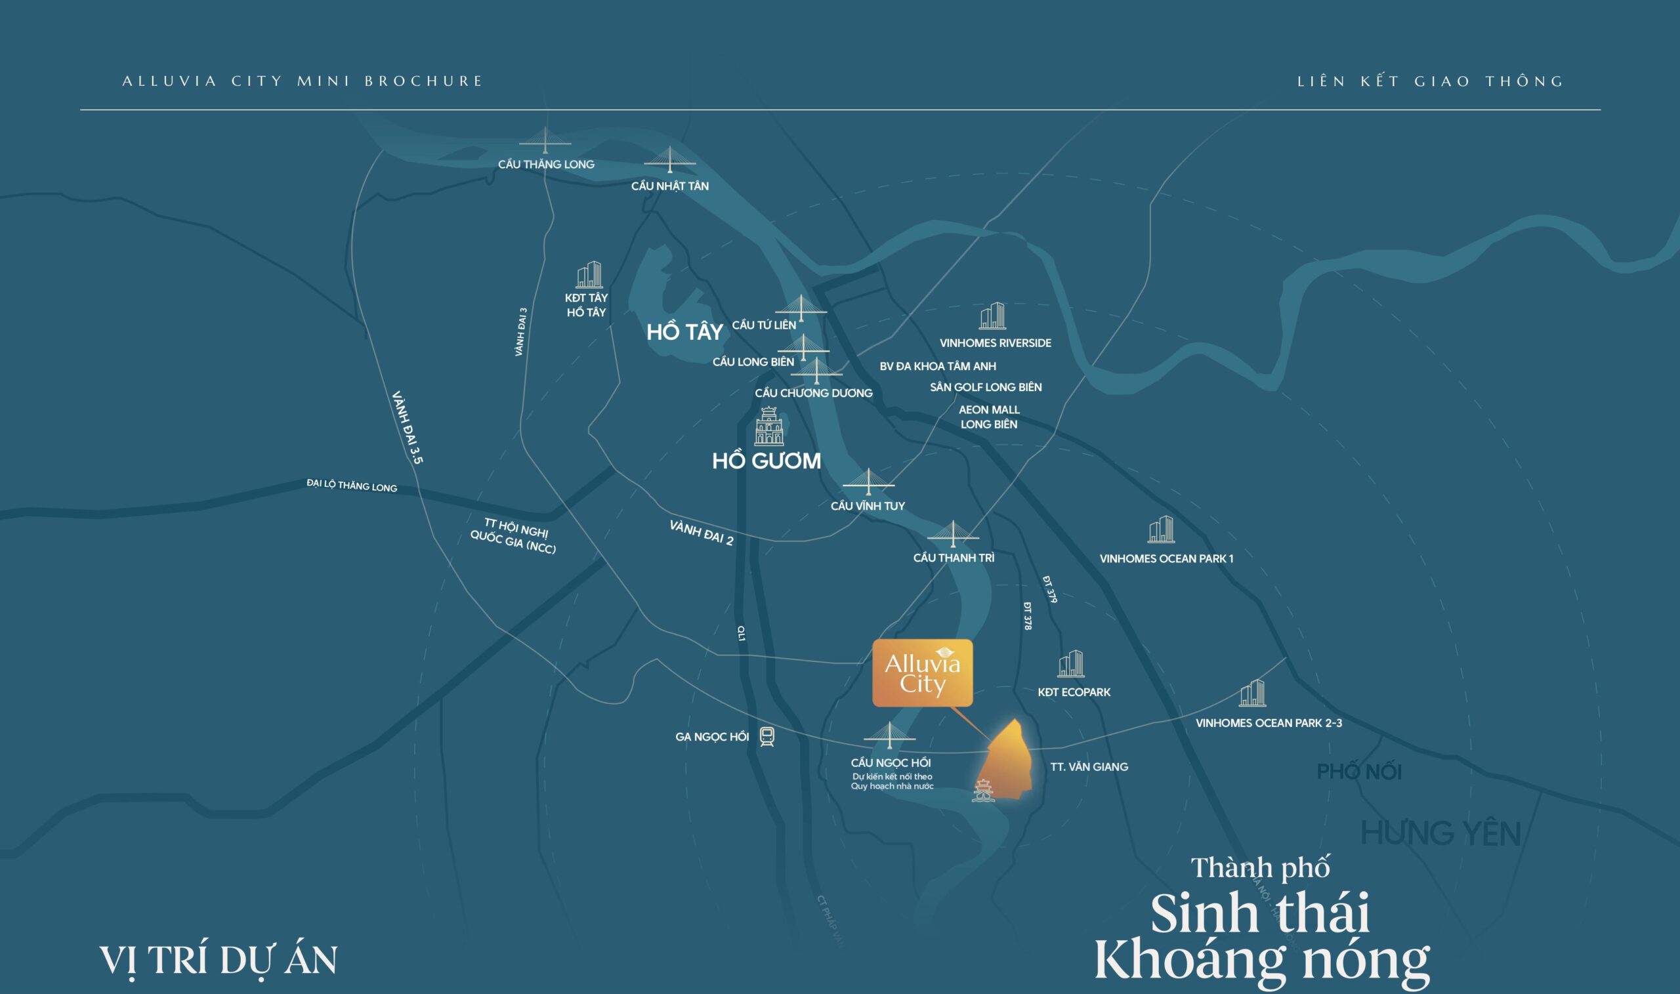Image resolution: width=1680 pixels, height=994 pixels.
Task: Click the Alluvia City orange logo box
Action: [922, 673]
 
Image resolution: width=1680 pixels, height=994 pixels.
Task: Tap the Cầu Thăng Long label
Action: [546, 164]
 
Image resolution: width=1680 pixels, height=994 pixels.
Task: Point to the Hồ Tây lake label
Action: [684, 331]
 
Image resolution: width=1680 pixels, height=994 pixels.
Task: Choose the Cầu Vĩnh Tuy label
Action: [868, 506]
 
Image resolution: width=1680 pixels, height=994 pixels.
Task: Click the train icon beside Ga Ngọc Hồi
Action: [767, 737]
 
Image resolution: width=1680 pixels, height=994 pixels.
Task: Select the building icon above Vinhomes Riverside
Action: [992, 316]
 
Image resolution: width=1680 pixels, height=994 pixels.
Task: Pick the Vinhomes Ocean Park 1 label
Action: [1166, 558]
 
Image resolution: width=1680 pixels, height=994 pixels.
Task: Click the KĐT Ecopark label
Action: [1074, 692]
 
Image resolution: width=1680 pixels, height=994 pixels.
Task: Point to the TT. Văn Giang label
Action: [1089, 766]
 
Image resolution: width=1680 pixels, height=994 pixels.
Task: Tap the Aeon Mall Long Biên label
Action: [989, 417]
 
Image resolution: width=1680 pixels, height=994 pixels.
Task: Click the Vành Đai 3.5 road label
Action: [408, 427]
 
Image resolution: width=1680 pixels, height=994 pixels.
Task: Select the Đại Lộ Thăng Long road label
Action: [352, 485]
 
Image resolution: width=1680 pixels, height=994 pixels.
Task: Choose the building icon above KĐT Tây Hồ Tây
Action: [589, 275]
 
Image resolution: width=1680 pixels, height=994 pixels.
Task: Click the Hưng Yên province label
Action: [1441, 833]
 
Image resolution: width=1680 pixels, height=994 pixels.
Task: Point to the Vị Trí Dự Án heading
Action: [219, 961]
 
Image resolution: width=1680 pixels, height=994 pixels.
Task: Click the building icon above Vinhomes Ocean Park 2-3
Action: [1252, 694]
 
